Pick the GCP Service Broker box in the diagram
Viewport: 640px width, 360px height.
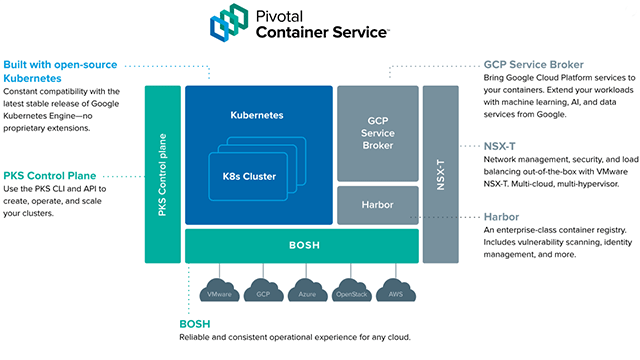tap(376, 131)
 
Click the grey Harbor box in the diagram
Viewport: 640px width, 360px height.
tap(376, 204)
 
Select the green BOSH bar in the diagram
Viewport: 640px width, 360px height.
tap(301, 244)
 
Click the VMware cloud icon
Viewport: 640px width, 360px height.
tap(221, 294)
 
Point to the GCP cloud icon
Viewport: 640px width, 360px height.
tap(262, 294)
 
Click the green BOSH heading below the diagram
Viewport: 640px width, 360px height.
tap(196, 325)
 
